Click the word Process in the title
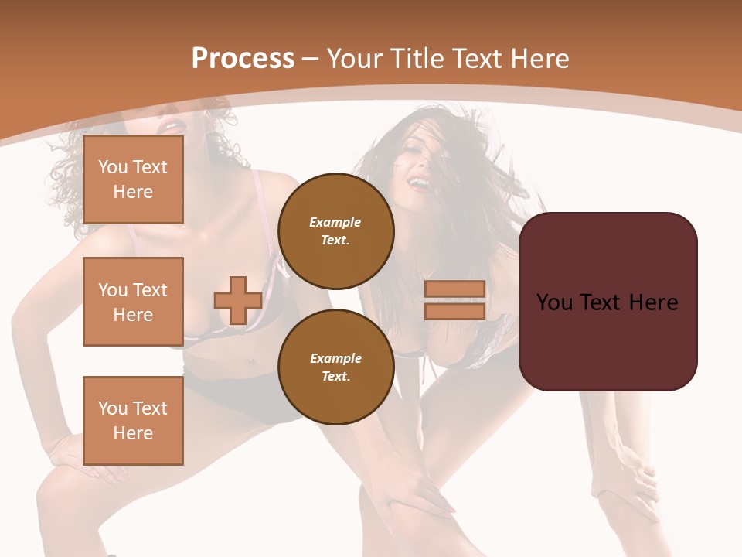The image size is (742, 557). point(243,59)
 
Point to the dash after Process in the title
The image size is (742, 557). point(311,60)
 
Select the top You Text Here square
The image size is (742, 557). point(133,179)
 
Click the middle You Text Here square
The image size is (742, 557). point(133,302)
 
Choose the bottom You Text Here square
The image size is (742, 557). point(133,420)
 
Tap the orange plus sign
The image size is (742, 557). point(238,300)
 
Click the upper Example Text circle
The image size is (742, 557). point(335,231)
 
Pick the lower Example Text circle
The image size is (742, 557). point(335,367)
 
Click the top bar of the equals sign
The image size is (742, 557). point(455,289)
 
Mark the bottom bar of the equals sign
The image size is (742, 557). point(455,311)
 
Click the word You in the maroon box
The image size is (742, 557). point(554,302)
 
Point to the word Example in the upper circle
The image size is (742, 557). point(335,222)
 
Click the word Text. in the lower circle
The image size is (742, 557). point(335,376)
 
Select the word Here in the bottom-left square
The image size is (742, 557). point(133,433)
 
